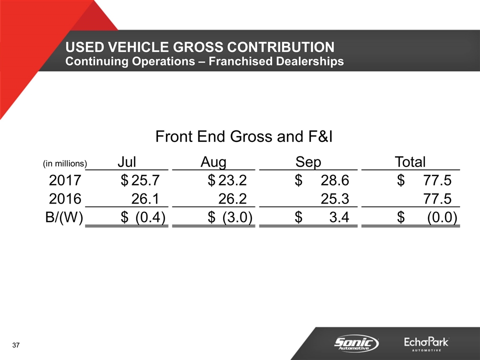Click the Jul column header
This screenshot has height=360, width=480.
(127, 162)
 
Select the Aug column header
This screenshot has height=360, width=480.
(213, 162)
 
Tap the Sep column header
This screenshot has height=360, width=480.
(308, 162)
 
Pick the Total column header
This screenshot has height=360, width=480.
(410, 162)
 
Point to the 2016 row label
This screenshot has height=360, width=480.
(65, 199)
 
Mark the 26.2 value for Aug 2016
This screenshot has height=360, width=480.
(233, 199)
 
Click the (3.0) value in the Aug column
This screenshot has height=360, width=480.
(237, 218)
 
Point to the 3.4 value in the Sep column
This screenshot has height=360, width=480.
(338, 218)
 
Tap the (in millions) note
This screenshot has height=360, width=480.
(64, 163)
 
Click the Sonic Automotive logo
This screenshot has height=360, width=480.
(356, 343)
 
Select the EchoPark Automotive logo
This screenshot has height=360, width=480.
(426, 344)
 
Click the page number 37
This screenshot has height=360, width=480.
(16, 346)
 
